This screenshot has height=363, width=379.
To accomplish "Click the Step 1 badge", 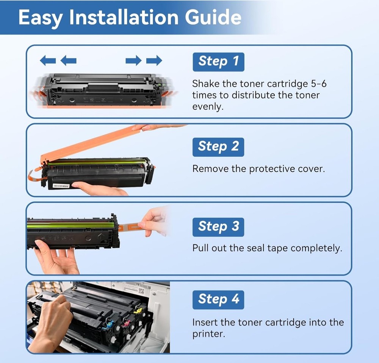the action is click(x=219, y=62).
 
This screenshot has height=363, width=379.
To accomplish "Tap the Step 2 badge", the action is click(x=218, y=147).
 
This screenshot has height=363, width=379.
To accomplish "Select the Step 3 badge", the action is click(x=218, y=227).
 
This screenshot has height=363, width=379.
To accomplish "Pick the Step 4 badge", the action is click(x=218, y=300).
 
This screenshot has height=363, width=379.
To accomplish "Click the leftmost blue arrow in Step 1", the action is click(x=48, y=60).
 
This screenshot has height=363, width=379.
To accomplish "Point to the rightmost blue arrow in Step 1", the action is click(x=154, y=60).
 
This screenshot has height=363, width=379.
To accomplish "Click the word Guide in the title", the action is click(x=213, y=17).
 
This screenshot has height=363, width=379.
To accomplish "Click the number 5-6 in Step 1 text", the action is click(x=319, y=84).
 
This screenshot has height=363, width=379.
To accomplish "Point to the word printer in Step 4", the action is click(x=208, y=334).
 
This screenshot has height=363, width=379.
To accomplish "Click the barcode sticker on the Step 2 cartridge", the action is click(x=61, y=186).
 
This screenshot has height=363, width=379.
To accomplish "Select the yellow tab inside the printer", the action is click(x=138, y=310).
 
